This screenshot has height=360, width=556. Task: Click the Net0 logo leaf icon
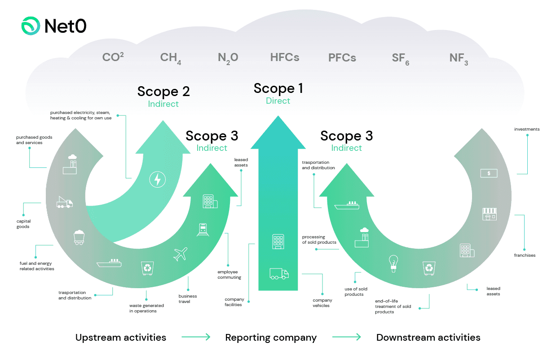(x=31, y=26)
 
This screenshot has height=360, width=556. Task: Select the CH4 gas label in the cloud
(x=170, y=58)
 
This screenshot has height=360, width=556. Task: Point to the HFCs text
(x=284, y=57)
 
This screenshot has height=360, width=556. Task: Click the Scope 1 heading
(x=278, y=88)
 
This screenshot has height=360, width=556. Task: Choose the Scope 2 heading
(x=163, y=92)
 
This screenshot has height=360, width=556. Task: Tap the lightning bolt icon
(x=157, y=180)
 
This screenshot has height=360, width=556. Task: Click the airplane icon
(x=180, y=254)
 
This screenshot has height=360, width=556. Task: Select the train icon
(x=202, y=230)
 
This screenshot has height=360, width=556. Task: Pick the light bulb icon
(x=393, y=263)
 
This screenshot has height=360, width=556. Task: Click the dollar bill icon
(x=489, y=173)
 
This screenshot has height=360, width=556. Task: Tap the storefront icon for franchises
(x=489, y=214)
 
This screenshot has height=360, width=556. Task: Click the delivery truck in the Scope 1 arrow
(x=279, y=273)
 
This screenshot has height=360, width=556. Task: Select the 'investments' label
(x=527, y=129)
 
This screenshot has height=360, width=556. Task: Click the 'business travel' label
(x=188, y=299)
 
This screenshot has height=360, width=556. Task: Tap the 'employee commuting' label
(x=229, y=275)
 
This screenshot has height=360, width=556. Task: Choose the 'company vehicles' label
(x=322, y=303)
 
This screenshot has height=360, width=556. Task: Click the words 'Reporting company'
(x=271, y=338)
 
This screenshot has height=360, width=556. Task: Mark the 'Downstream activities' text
(x=428, y=338)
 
